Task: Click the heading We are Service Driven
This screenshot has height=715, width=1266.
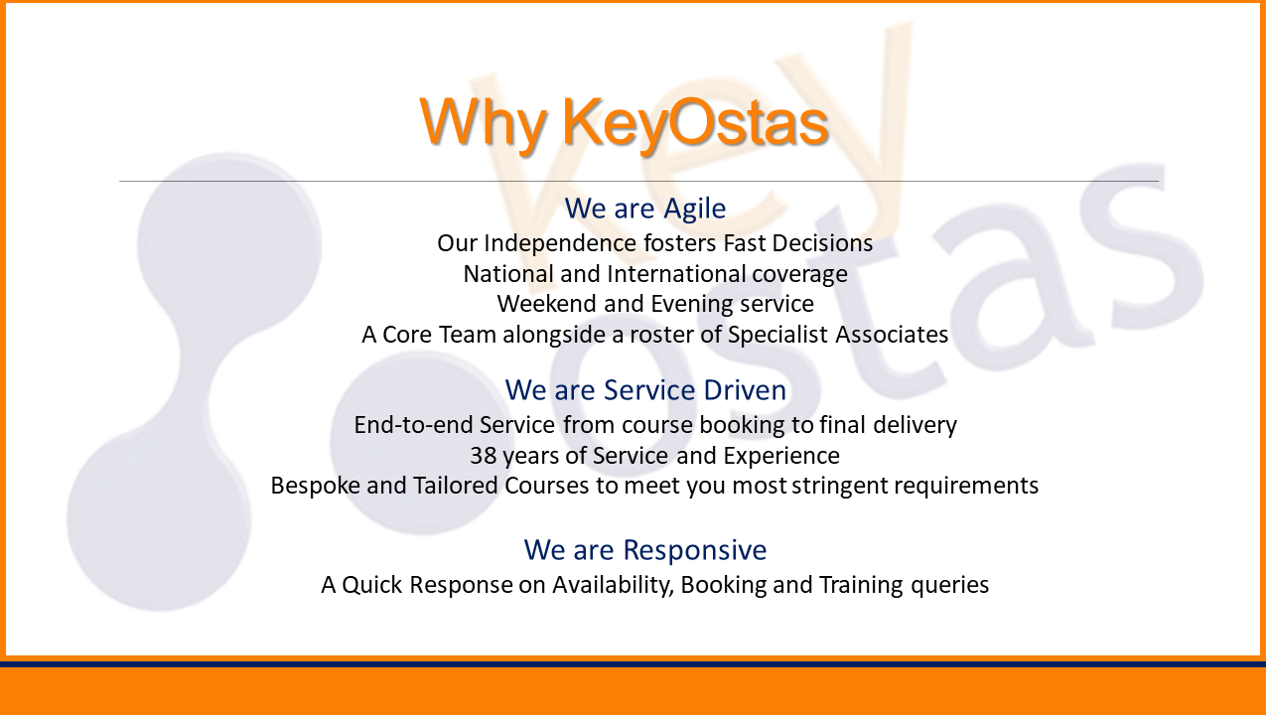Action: point(645,390)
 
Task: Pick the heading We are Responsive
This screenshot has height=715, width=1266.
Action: point(644,550)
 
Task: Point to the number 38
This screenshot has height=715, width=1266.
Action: point(484,456)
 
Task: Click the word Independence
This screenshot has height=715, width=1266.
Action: point(560,243)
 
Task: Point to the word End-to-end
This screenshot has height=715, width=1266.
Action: point(414,425)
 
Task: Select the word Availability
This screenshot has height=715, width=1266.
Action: point(614,585)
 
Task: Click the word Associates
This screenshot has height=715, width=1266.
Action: point(892,335)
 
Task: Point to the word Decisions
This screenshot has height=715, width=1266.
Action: point(822,243)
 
